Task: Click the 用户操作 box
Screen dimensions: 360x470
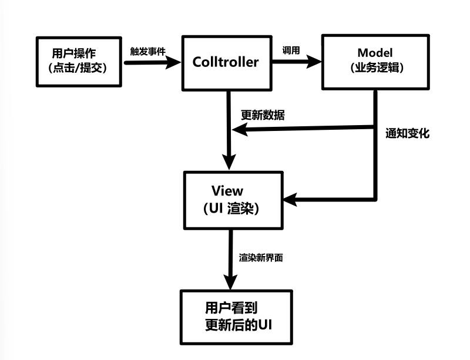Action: [x=79, y=61]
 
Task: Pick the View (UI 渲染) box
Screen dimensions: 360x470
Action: [x=233, y=200]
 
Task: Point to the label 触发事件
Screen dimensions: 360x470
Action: [x=147, y=51]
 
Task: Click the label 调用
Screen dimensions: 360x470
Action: [x=291, y=51]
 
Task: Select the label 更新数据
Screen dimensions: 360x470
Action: [x=263, y=115]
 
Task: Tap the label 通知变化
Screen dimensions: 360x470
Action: [x=407, y=133]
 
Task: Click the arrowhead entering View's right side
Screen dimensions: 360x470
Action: [x=290, y=200]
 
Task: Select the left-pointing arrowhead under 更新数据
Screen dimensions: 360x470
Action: [x=238, y=132]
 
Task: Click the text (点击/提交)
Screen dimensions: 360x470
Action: [x=79, y=68]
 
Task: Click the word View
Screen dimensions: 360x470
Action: [x=226, y=191]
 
